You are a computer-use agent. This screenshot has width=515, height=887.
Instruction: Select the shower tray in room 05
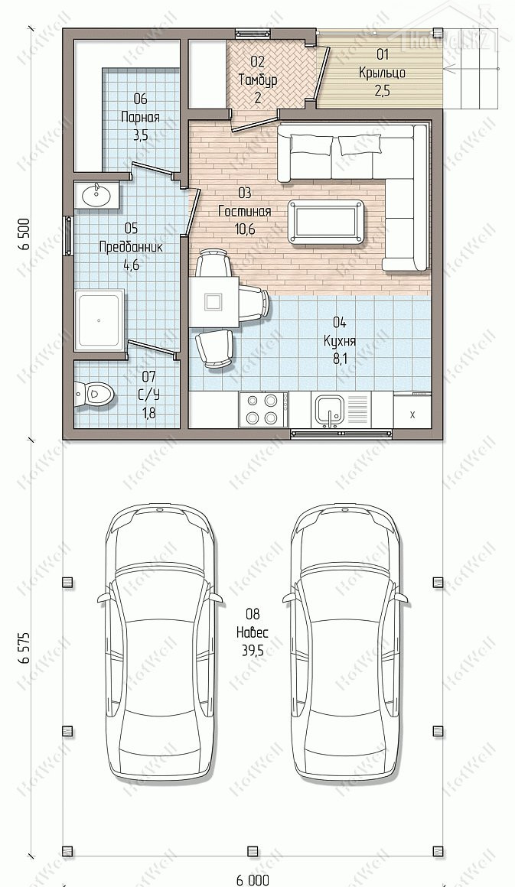(99, 320)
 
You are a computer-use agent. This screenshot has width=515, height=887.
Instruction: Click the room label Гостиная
(244, 212)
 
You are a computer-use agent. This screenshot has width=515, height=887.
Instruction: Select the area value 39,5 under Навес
(253, 651)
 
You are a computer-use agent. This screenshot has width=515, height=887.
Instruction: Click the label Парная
(140, 118)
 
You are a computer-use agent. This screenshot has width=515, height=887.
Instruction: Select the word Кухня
(340, 341)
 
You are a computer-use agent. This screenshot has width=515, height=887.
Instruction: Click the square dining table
(213, 301)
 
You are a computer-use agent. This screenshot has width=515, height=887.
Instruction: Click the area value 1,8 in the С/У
(149, 414)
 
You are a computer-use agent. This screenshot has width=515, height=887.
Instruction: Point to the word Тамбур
(257, 80)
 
